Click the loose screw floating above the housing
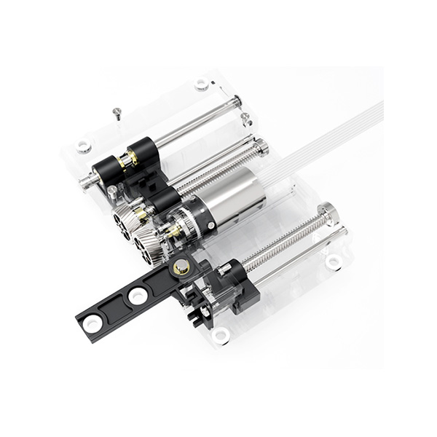pyautogui.click(x=117, y=112)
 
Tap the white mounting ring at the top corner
pyautogui.click(x=202, y=84)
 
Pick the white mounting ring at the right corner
pyautogui.click(x=334, y=261)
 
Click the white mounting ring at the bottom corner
pyautogui.click(x=221, y=335)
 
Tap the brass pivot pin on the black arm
pyautogui.click(x=181, y=267)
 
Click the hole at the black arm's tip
pyautogui.click(x=93, y=323)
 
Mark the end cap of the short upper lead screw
pyautogui.click(x=261, y=149)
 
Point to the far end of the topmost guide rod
pyautogui.click(x=237, y=102)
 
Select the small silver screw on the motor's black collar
pyautogui.click(x=210, y=225)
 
